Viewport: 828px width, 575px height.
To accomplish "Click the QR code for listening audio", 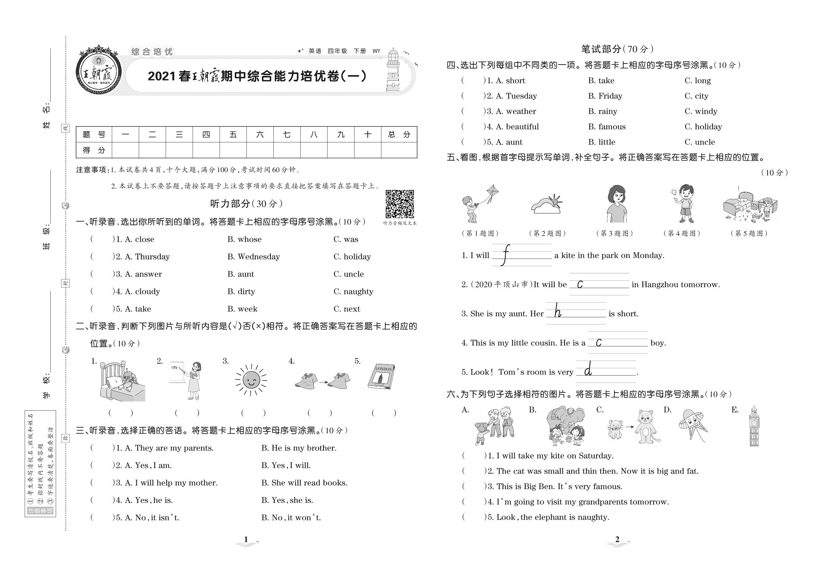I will [399, 204].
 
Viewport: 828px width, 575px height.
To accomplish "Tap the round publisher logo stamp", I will [99, 71].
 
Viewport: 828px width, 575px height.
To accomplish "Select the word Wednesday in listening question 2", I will [259, 257].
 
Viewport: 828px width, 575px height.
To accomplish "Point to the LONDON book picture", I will [381, 377].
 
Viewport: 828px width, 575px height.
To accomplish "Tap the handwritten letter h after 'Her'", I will [558, 310].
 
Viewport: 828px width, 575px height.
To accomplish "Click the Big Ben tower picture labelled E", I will [754, 426].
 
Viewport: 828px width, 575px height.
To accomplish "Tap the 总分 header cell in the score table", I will [399, 135].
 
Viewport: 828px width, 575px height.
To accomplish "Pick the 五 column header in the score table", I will [233, 135].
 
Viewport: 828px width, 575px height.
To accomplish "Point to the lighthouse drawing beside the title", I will [393, 71].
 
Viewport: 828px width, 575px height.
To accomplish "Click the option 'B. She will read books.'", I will [304, 483].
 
